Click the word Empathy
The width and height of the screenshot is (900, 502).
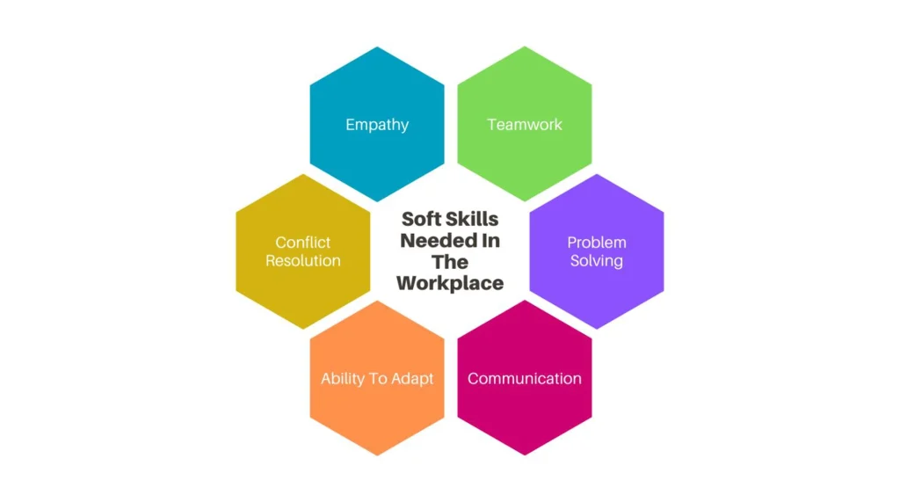coord(377,125)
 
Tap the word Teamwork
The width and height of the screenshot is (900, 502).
coord(525,124)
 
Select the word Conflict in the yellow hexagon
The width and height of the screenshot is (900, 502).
coord(303,242)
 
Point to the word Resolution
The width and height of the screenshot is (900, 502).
coord(303,260)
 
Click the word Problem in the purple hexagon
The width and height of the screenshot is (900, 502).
coord(597,242)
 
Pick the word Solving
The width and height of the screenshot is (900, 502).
coord(597,261)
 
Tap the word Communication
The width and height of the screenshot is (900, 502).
coord(525,379)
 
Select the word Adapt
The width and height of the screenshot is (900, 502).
coord(412,379)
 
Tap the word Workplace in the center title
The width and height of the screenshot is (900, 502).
coord(450,283)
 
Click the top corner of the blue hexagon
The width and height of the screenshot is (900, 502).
coord(377,47)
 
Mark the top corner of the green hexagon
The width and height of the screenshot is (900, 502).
coord(525,47)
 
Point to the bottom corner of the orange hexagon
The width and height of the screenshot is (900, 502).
coord(377,455)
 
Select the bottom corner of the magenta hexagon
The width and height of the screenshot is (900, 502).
coord(525,455)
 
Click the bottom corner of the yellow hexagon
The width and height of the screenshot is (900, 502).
coord(303,329)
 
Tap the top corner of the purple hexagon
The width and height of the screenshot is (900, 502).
coord(597,174)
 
